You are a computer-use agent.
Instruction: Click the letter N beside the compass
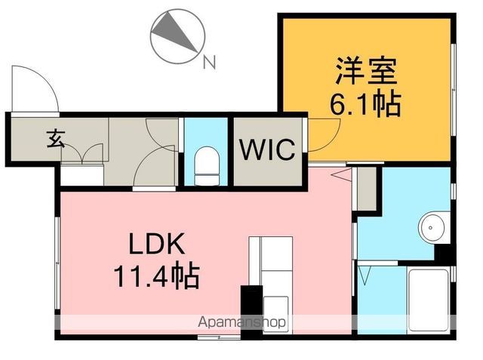210,62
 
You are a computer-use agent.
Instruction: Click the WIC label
267,150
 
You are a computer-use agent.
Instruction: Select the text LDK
157,244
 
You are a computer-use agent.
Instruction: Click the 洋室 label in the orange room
366,71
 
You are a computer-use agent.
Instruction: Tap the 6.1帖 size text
365,104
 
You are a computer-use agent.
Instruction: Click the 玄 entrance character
55,139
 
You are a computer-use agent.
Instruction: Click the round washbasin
431,228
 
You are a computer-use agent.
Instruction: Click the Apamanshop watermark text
241,322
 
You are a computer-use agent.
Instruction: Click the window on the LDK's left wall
57,263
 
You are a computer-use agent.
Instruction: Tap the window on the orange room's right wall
453,90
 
